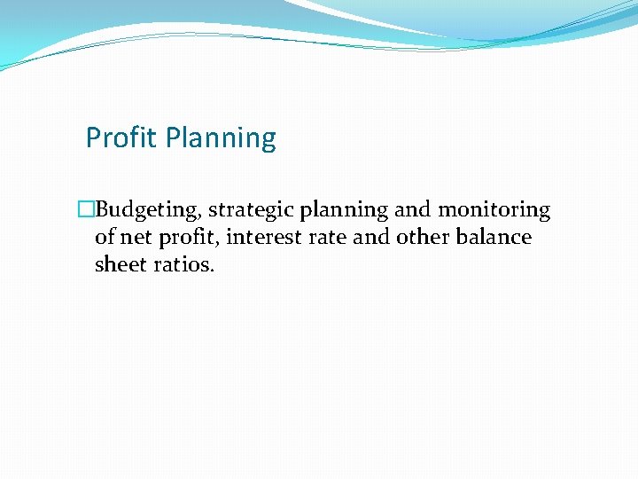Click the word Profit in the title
(x=121, y=138)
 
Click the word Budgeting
(x=147, y=211)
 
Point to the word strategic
(x=252, y=211)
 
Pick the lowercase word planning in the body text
(x=344, y=211)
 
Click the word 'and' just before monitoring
(x=412, y=210)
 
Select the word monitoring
(x=494, y=211)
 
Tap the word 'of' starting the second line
(x=105, y=238)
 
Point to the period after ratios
(x=212, y=271)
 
